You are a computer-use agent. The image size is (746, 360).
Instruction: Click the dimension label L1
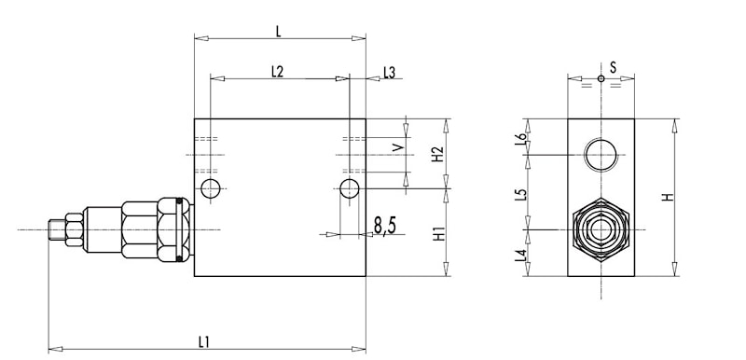204,342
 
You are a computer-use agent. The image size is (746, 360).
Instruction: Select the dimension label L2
277,71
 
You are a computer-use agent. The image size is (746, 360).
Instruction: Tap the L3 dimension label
389,73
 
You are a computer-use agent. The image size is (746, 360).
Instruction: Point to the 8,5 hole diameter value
385,227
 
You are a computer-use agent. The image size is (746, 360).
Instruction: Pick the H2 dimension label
437,154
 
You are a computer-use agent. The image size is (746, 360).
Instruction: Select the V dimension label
398,147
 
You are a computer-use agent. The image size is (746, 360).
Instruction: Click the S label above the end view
613,67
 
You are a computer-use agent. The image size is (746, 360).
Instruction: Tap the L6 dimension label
522,138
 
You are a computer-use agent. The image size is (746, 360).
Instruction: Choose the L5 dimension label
522,195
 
